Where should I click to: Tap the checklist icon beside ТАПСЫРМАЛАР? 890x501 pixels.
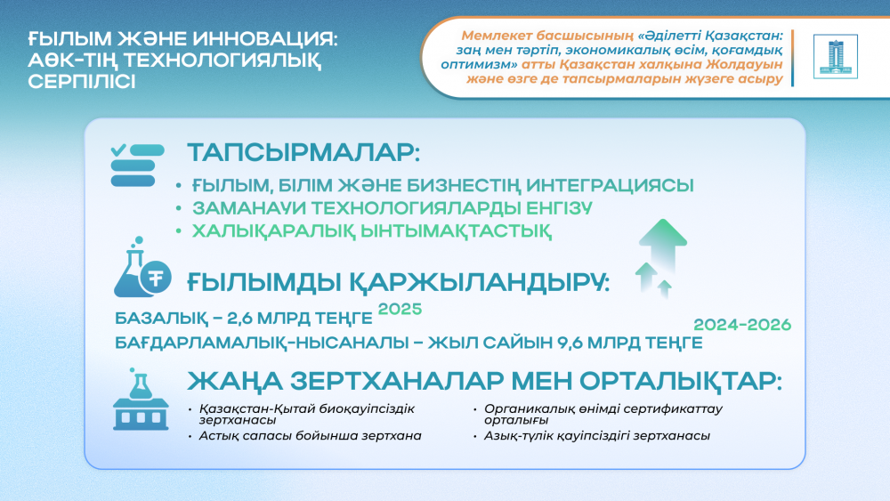(136, 165)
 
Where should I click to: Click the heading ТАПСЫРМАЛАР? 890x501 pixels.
(303, 152)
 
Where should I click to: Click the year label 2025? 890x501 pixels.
(398, 310)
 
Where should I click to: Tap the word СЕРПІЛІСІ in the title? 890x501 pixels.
(82, 81)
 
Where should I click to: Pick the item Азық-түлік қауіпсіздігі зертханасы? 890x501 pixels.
(597, 436)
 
